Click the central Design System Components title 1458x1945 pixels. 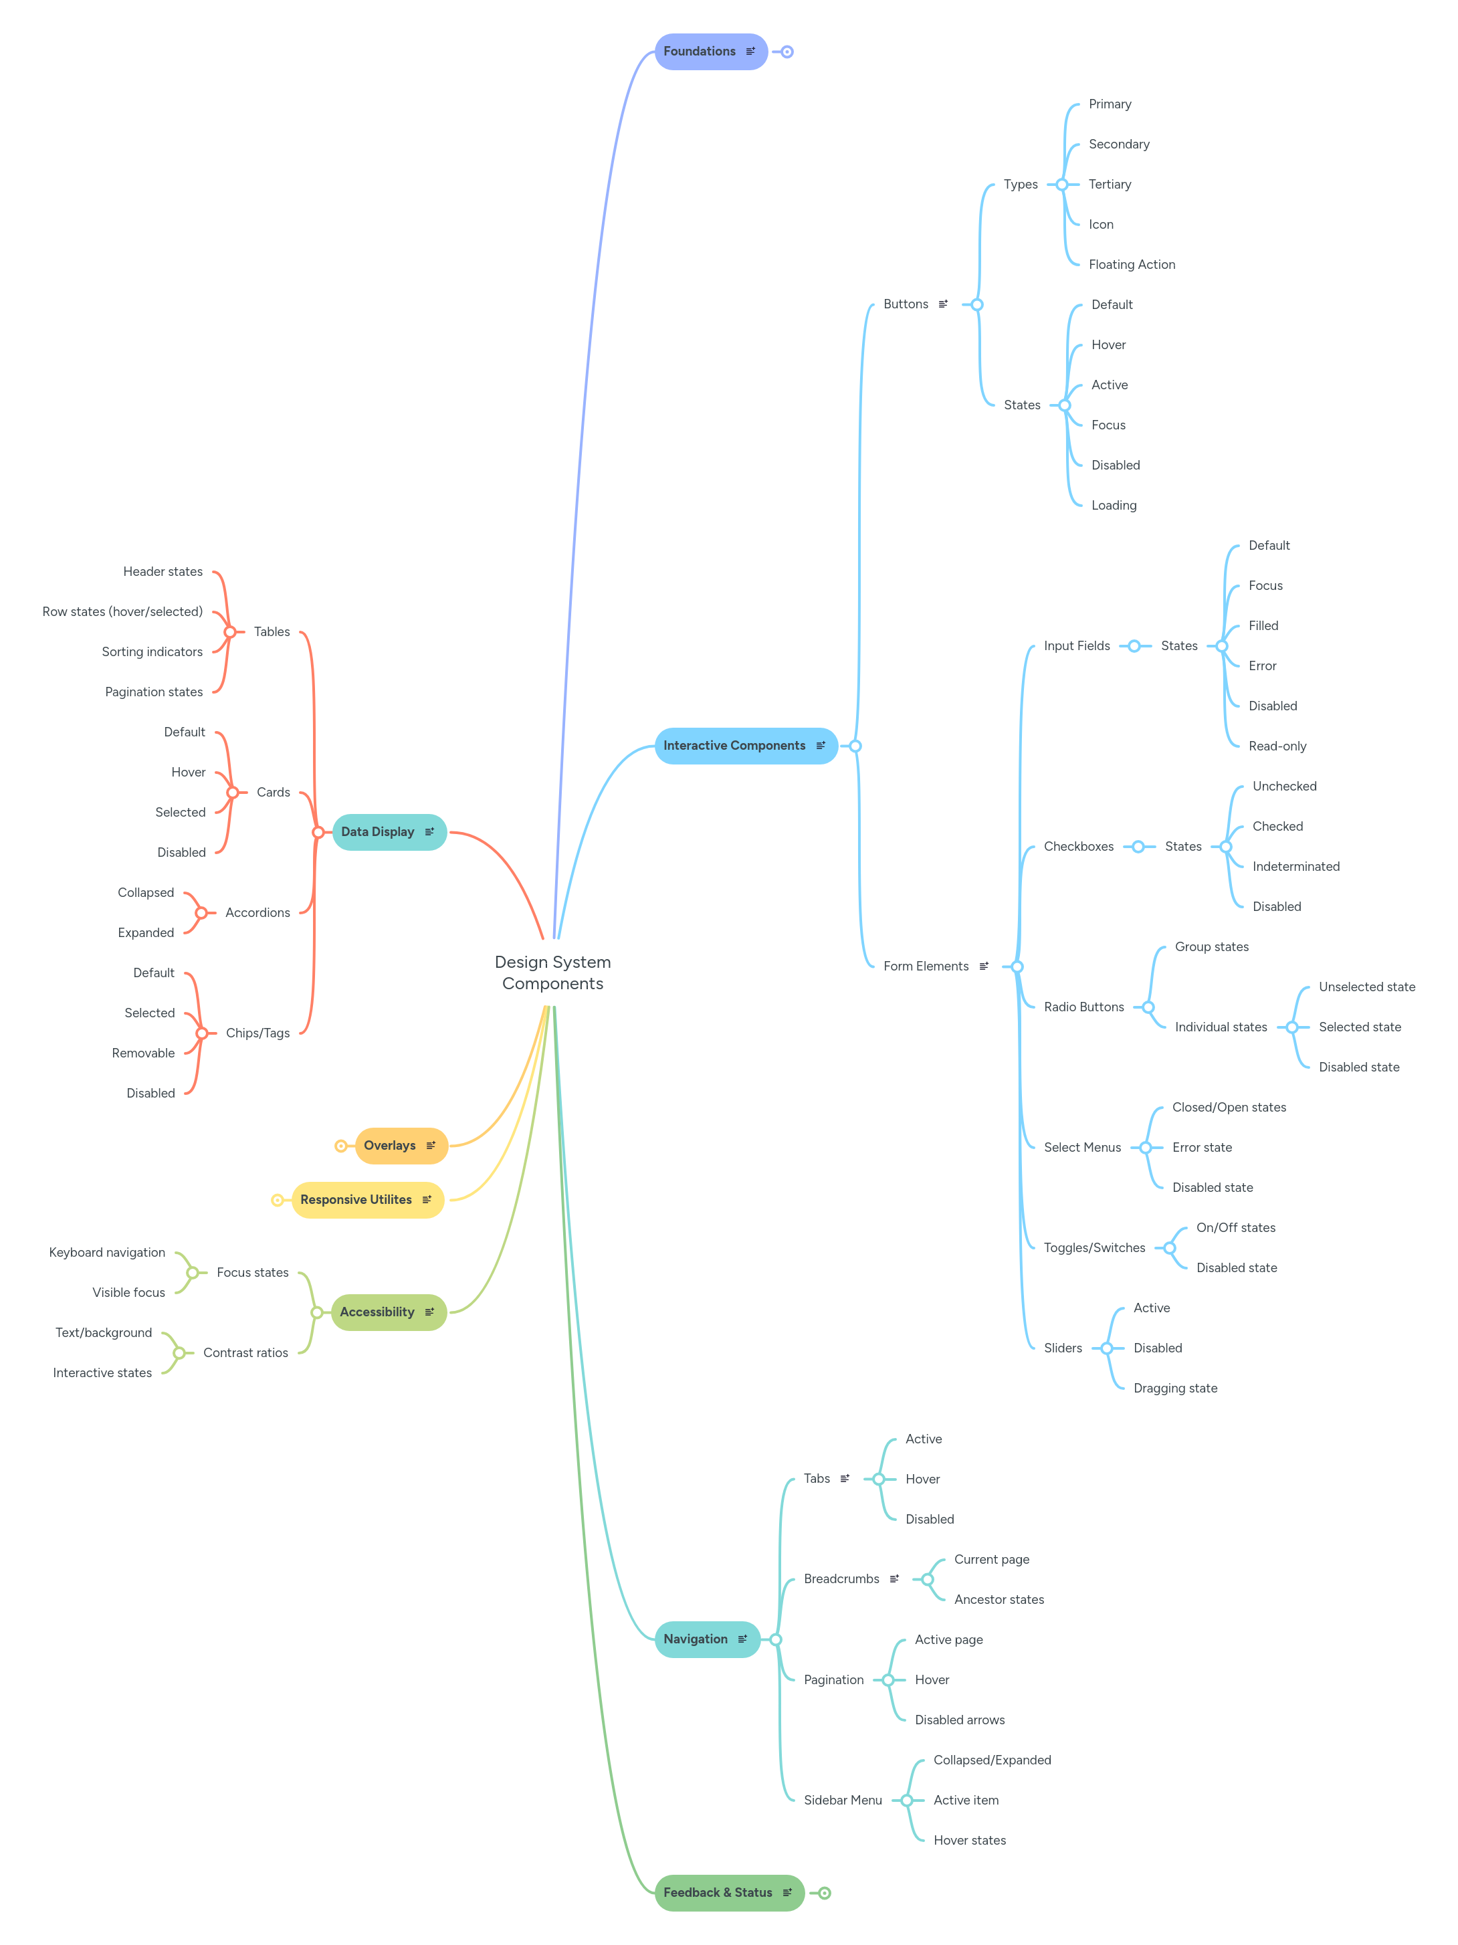(x=552, y=973)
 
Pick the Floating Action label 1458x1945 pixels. (x=1131, y=265)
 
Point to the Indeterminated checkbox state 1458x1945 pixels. (x=1295, y=866)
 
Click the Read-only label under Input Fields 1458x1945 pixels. (x=1277, y=746)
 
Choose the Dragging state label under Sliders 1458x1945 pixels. (x=1175, y=1388)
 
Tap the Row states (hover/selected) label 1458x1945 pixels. (x=122, y=611)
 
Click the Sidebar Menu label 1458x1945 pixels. (x=843, y=1800)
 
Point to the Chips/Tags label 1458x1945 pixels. (x=257, y=1033)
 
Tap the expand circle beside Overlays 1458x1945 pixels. (x=340, y=1146)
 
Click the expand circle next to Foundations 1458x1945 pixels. (x=787, y=52)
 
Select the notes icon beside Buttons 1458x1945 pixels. (x=943, y=304)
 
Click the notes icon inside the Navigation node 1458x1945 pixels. (x=742, y=1639)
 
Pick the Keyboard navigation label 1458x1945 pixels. (x=107, y=1252)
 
